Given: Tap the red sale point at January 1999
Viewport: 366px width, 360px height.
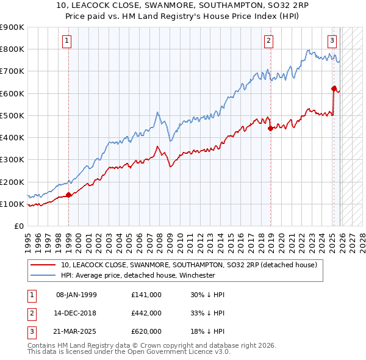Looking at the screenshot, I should (x=68, y=195).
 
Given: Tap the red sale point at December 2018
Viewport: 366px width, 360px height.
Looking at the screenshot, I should (x=270, y=128).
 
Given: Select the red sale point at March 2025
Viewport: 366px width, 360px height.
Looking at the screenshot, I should (x=334, y=88).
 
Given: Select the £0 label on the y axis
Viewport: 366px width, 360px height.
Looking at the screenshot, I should (x=18, y=226).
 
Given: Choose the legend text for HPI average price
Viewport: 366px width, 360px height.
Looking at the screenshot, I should (x=138, y=275).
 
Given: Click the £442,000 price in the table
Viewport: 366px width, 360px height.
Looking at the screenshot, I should (x=146, y=313).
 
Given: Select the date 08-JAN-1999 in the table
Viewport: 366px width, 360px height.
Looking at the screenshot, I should (x=76, y=295).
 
